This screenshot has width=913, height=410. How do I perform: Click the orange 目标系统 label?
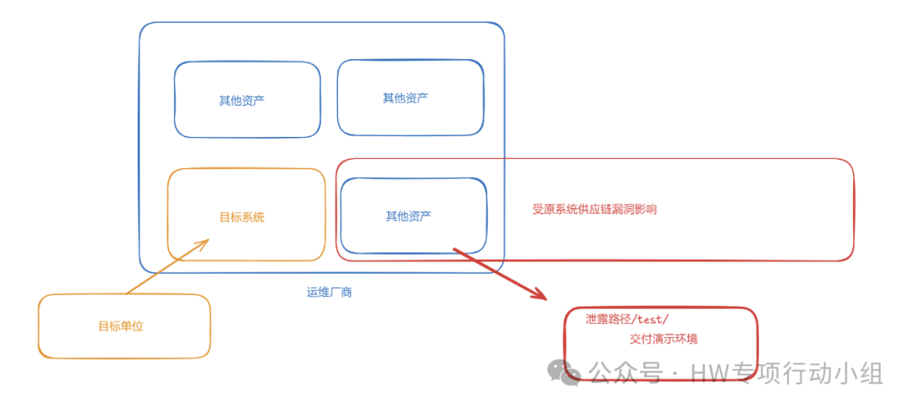pyautogui.click(x=242, y=217)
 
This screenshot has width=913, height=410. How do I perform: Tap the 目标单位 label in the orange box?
pyautogui.click(x=121, y=326)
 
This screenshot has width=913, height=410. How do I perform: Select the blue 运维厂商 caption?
pyautogui.click(x=329, y=292)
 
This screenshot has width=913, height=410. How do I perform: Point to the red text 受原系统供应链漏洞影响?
pyautogui.click(x=594, y=210)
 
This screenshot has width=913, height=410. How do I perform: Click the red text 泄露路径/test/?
pyautogui.click(x=626, y=320)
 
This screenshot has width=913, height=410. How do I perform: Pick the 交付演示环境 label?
pyautogui.click(x=664, y=339)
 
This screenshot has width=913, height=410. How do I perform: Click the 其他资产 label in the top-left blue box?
pyautogui.click(x=242, y=101)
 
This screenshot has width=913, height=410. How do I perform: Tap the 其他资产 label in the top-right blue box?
pyautogui.click(x=405, y=98)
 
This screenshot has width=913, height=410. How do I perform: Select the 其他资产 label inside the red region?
pyautogui.click(x=408, y=216)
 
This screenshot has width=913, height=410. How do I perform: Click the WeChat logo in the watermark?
pyautogui.click(x=563, y=371)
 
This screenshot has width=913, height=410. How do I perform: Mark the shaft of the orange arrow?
pyautogui.click(x=165, y=269)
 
